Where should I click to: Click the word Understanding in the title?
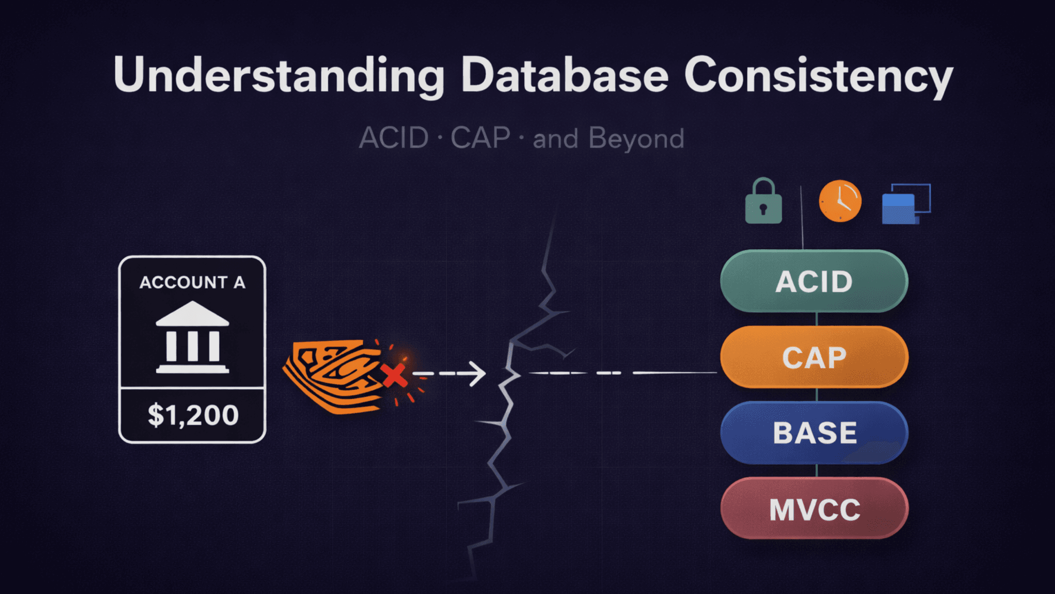[x=278, y=75]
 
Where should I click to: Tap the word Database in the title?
[x=565, y=75]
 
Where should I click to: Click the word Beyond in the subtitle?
[x=636, y=139]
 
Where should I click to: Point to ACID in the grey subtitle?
[x=394, y=139]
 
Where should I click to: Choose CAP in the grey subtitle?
[x=480, y=139]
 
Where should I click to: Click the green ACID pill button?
[x=814, y=281]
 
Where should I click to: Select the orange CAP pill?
[x=814, y=357]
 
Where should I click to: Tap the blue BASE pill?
[x=814, y=433]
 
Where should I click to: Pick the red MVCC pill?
[x=814, y=509]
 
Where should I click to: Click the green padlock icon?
[x=763, y=203]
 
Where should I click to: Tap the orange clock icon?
[x=840, y=201]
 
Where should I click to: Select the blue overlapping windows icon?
[x=905, y=204]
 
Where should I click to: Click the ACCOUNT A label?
[x=192, y=282]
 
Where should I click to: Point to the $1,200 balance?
[x=193, y=415]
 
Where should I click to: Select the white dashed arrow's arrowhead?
[x=478, y=374]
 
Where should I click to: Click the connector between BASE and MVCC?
[x=816, y=470]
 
